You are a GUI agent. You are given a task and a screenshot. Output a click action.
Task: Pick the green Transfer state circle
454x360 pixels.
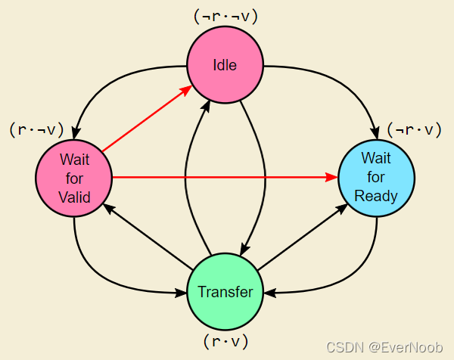click(225, 292)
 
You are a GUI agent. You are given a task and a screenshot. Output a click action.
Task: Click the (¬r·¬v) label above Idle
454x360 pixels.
click(226, 17)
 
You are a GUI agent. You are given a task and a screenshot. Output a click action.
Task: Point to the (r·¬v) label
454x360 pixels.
click(36, 129)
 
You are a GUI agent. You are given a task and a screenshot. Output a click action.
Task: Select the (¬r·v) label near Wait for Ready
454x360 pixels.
click(414, 129)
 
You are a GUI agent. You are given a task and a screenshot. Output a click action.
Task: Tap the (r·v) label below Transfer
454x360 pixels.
click(225, 342)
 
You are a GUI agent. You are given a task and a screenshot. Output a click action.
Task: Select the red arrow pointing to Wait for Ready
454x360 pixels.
click(227, 178)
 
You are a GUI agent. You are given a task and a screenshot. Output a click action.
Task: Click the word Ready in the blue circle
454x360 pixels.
click(376, 196)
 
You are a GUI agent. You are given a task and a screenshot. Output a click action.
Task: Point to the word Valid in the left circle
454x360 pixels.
click(74, 198)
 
